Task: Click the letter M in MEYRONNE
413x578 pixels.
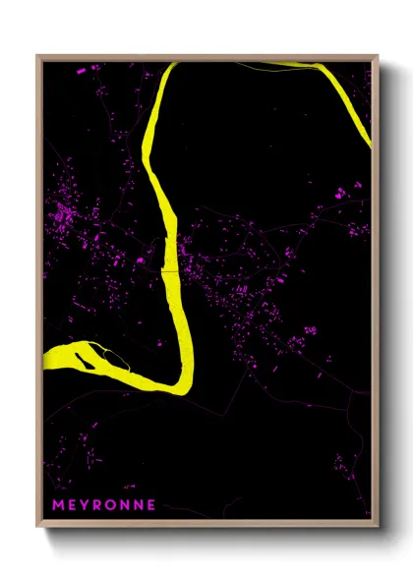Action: click(x=57, y=504)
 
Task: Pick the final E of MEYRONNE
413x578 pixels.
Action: click(x=151, y=504)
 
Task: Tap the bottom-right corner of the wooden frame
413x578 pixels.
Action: click(x=378, y=526)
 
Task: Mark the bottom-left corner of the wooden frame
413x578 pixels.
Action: click(x=38, y=526)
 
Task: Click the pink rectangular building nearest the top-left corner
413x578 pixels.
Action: click(x=82, y=70)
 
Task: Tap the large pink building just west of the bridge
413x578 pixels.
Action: click(x=141, y=261)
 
